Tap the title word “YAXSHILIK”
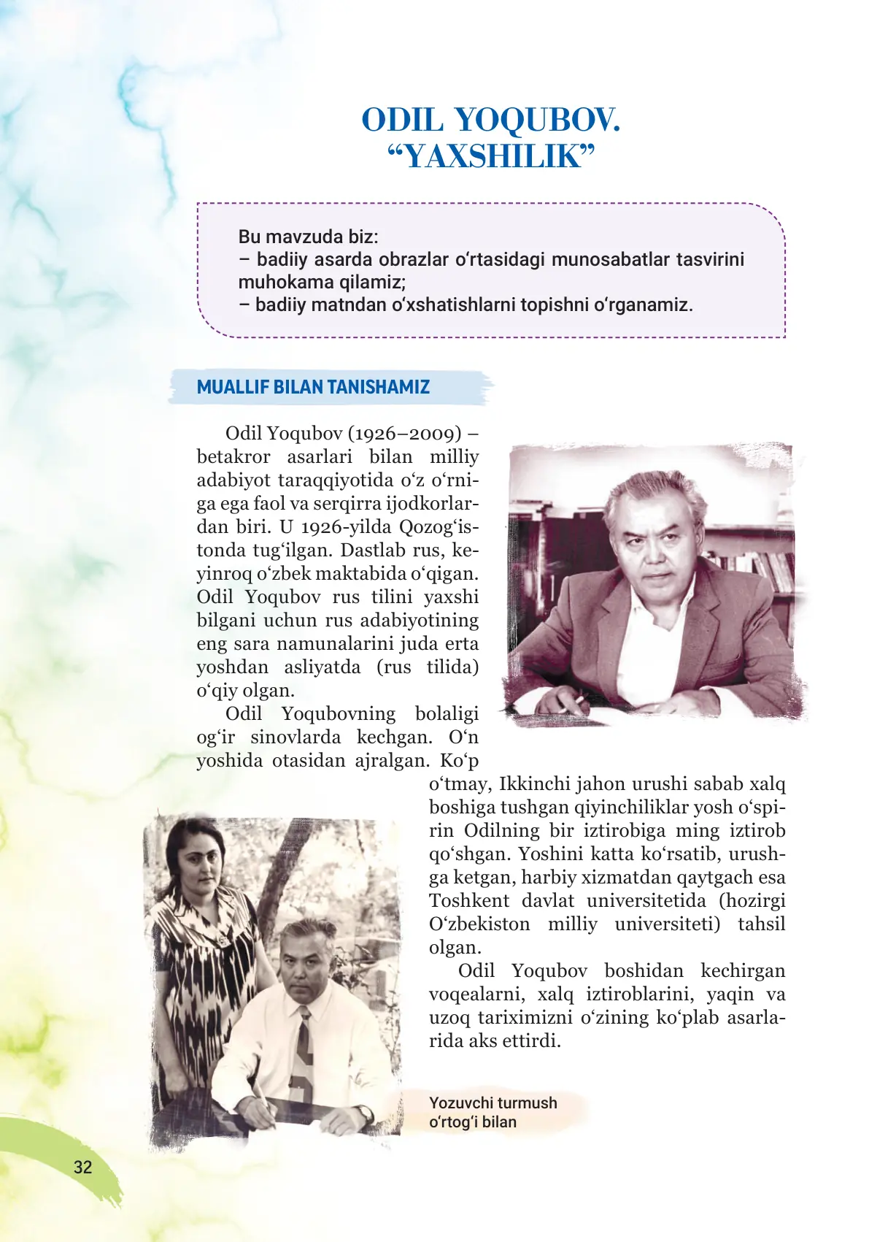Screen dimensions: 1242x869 click(491, 156)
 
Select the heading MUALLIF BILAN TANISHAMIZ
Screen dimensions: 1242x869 click(313, 387)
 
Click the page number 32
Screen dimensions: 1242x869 click(83, 1167)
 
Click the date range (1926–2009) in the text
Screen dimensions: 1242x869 click(404, 434)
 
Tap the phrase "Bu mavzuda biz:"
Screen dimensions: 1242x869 click(308, 237)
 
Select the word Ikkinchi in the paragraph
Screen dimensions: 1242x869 click(535, 784)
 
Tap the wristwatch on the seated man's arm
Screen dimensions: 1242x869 click(363, 1113)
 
